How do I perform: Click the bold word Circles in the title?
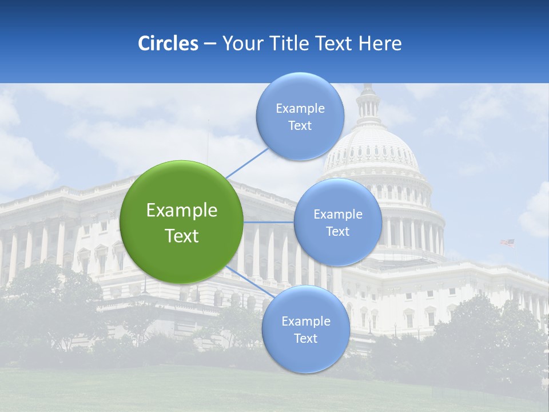click(168, 43)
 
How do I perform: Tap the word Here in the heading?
click(380, 43)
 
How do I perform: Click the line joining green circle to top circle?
click(247, 163)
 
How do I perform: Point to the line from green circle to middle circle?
click(269, 222)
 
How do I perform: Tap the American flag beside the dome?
click(508, 243)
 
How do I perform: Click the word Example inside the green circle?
click(182, 211)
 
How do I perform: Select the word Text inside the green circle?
click(182, 236)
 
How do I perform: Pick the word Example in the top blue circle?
click(300, 109)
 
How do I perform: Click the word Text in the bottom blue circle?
click(305, 338)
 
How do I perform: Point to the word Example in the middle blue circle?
click(338, 215)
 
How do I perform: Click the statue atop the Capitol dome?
click(368, 86)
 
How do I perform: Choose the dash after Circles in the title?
click(210, 44)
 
